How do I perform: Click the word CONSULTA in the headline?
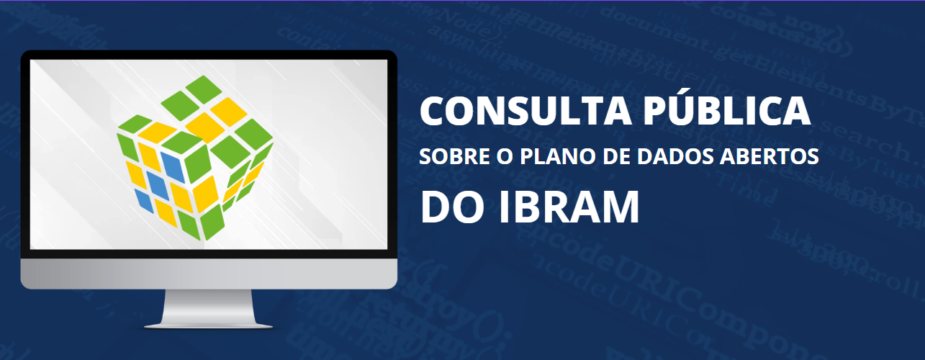[525, 110]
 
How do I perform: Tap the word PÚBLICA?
[727, 107]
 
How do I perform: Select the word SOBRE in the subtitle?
[455, 156]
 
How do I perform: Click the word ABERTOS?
[770, 156]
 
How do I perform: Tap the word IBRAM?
[569, 207]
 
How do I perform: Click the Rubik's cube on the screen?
[195, 158]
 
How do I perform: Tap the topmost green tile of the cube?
[204, 89]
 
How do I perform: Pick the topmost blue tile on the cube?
[173, 167]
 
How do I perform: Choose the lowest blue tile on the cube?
[144, 201]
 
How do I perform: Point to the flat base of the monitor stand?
[209, 326]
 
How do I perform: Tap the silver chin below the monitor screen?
[209, 274]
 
